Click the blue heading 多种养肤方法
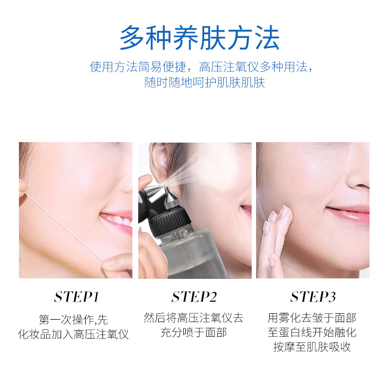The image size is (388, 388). tap(199, 38)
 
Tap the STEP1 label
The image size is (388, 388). tap(77, 297)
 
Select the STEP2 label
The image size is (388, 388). tap(194, 297)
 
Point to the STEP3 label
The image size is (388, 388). tap(313, 297)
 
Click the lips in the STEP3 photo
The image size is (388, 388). tap(349, 213)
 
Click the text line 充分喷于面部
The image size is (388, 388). tap(194, 332)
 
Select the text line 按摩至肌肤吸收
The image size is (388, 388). tap(312, 347)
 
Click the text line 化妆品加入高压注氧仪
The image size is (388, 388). tap(74, 334)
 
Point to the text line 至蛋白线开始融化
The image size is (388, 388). tap(312, 332)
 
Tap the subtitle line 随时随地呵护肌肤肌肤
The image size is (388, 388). tap(205, 82)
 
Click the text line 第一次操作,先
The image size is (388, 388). tap(74, 320)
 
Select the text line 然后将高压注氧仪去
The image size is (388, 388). tap(194, 318)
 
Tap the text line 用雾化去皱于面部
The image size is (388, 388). tap(312, 318)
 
